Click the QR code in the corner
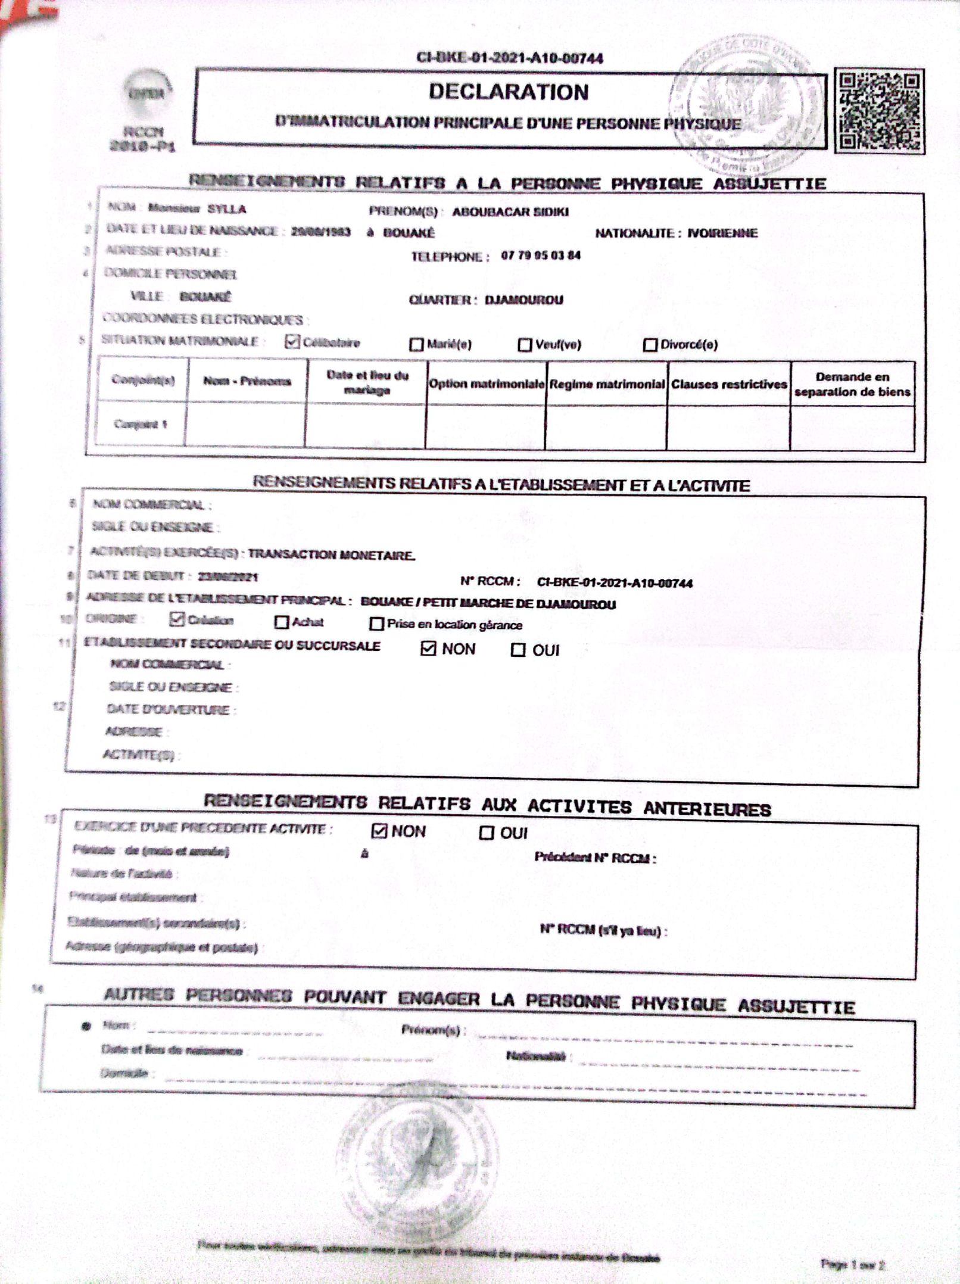(880, 111)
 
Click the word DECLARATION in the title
(509, 92)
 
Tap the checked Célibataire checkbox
(292, 341)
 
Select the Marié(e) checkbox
(416, 344)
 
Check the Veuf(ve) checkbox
(525, 345)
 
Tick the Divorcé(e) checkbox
(650, 345)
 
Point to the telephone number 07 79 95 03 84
(541, 255)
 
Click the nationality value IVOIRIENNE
(722, 233)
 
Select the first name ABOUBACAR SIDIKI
(510, 212)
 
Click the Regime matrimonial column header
(607, 385)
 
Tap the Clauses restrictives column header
(729, 385)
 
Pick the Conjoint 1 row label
(141, 424)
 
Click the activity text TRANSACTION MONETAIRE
(331, 555)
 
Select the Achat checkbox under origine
(281, 622)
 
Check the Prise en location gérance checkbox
(376, 624)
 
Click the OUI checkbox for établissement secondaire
(518, 650)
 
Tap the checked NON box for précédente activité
(379, 831)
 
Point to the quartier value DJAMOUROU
(524, 300)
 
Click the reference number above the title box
(509, 58)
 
